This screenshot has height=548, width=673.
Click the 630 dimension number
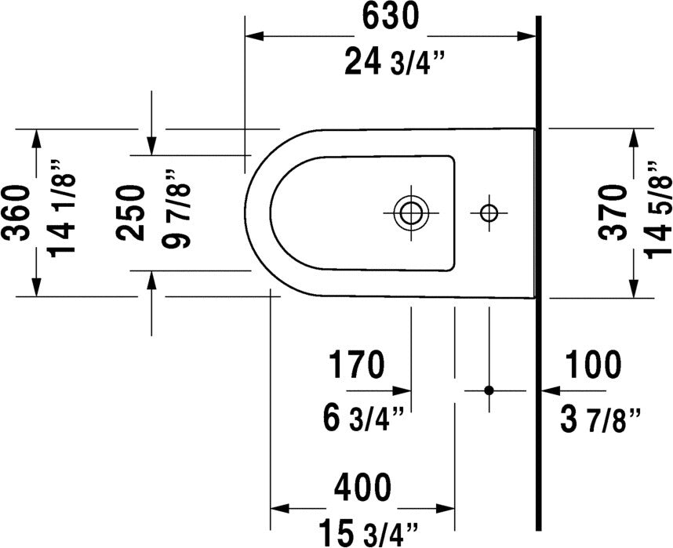point(390,17)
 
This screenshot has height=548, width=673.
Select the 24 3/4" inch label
point(394,62)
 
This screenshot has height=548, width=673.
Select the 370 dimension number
point(613,212)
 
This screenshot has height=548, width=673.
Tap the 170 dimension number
point(356,365)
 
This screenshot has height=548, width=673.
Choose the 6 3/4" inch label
point(363,419)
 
